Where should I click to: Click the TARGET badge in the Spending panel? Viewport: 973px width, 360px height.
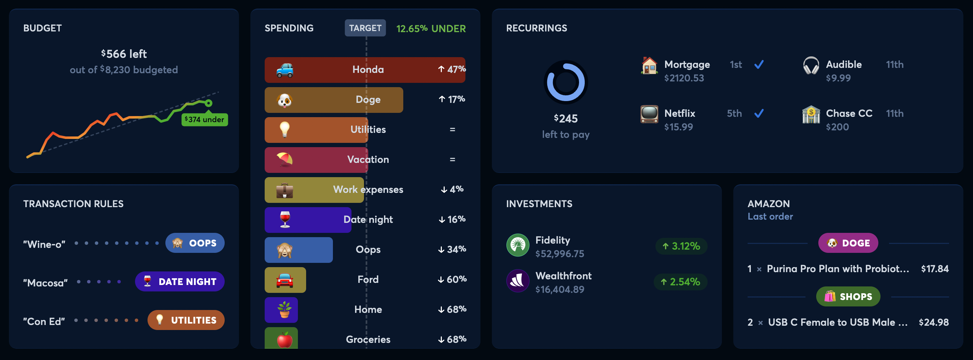pyautogui.click(x=365, y=28)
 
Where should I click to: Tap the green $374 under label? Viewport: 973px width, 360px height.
pyautogui.click(x=204, y=120)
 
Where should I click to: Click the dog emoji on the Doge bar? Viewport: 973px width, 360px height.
pyautogui.click(x=284, y=100)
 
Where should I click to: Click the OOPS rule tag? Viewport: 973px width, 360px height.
pyautogui.click(x=195, y=243)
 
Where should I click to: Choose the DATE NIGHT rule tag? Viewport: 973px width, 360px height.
pyautogui.click(x=180, y=281)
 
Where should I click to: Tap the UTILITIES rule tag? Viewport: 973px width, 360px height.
pyautogui.click(x=186, y=320)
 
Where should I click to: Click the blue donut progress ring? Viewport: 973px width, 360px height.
pyautogui.click(x=565, y=82)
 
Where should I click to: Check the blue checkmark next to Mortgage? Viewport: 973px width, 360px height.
pyautogui.click(x=759, y=65)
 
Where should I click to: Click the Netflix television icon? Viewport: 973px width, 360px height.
pyautogui.click(x=649, y=114)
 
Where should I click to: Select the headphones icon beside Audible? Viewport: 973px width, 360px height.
pyautogui.click(x=810, y=65)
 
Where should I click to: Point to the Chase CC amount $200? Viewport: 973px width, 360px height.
pyautogui.click(x=837, y=127)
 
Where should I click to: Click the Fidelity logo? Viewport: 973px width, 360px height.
pyautogui.click(x=518, y=245)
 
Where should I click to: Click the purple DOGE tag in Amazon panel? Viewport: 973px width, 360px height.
pyautogui.click(x=848, y=243)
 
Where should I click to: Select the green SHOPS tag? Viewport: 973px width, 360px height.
pyautogui.click(x=848, y=296)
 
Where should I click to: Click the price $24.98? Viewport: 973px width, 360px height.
pyautogui.click(x=933, y=322)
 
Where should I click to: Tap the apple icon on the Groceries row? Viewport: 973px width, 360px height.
pyautogui.click(x=284, y=340)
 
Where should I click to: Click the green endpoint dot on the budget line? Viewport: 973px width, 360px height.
pyautogui.click(x=209, y=103)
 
